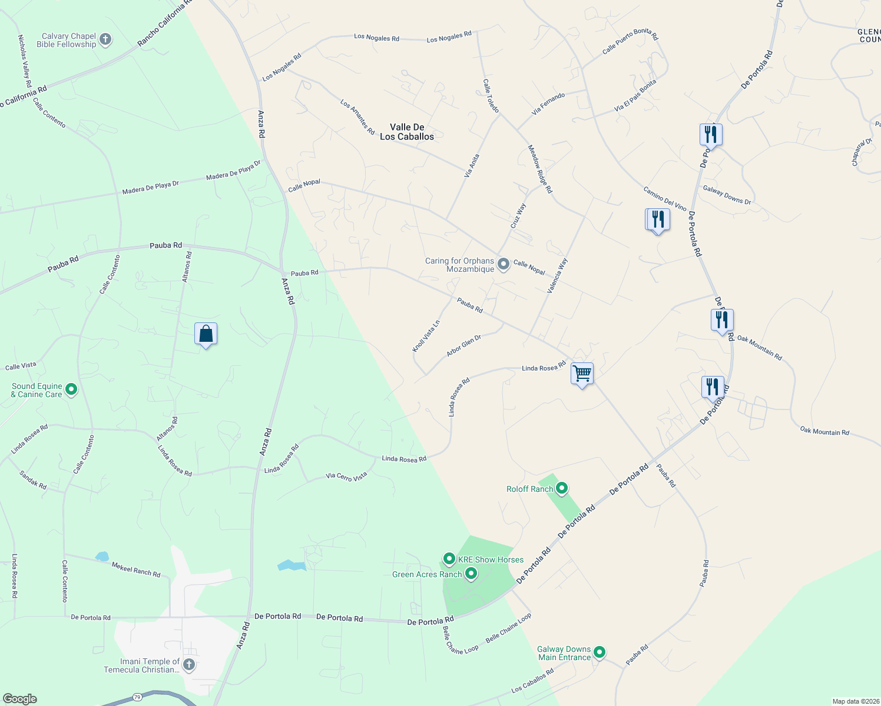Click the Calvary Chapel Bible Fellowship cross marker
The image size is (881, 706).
105,40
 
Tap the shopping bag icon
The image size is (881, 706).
206,334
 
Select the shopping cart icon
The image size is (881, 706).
582,373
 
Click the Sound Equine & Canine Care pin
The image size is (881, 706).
71,389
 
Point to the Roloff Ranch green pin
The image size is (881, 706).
562,488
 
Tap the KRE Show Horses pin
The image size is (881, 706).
449,559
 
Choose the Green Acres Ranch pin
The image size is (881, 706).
471,574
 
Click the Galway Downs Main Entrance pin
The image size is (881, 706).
600,652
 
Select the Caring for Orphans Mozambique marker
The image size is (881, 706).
503,264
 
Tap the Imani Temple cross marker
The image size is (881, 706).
189,665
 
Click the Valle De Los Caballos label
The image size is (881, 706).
407,132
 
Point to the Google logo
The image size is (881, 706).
20,699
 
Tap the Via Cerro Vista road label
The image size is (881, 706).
346,477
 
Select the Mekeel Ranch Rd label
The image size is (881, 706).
136,570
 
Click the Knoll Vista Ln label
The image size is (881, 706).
426,336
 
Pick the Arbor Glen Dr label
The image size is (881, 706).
463,345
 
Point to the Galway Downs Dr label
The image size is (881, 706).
727,195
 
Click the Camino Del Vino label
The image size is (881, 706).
665,198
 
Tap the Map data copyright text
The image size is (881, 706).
855,701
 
